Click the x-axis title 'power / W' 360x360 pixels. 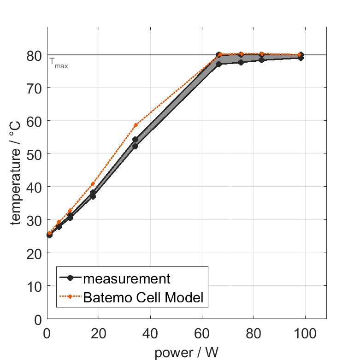[x=186, y=352]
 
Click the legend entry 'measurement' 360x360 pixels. [x=127, y=278]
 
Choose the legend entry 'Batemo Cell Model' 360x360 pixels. [x=143, y=297]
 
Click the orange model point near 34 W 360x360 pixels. [x=136, y=125]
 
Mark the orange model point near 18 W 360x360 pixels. [x=93, y=184]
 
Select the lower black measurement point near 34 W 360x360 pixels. [x=135, y=146]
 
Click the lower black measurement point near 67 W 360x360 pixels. [x=219, y=64]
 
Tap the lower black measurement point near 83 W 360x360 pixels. [x=261, y=60]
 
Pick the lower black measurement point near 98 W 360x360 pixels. [x=301, y=58]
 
